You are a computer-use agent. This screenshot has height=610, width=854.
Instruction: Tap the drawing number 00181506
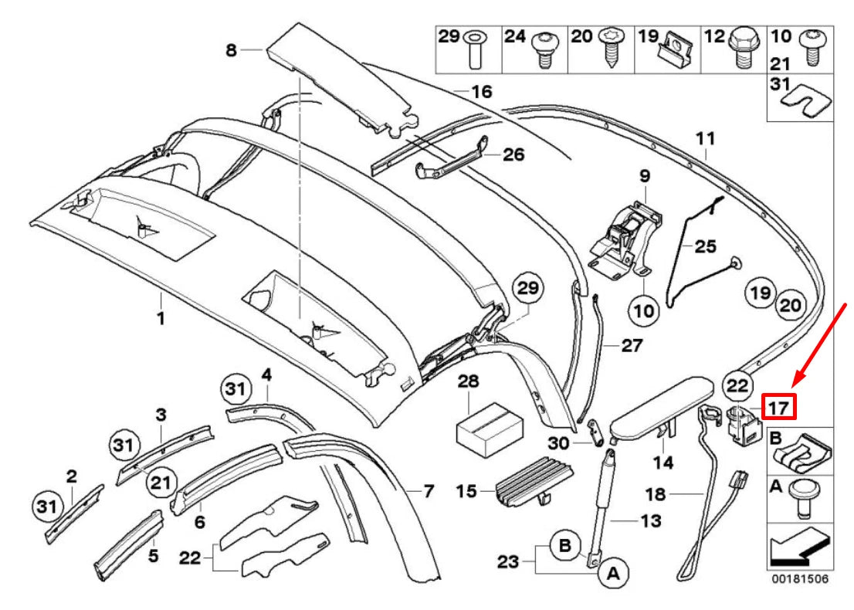click(x=799, y=578)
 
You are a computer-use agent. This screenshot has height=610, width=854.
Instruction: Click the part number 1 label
click(x=161, y=317)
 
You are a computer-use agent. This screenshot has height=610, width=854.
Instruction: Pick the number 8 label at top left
click(x=230, y=51)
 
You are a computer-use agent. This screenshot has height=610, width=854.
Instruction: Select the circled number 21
click(x=160, y=483)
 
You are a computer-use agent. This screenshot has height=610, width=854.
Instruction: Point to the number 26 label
click(x=513, y=154)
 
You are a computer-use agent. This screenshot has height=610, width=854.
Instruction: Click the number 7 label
click(x=429, y=490)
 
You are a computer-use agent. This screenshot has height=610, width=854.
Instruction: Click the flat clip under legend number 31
click(x=799, y=97)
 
